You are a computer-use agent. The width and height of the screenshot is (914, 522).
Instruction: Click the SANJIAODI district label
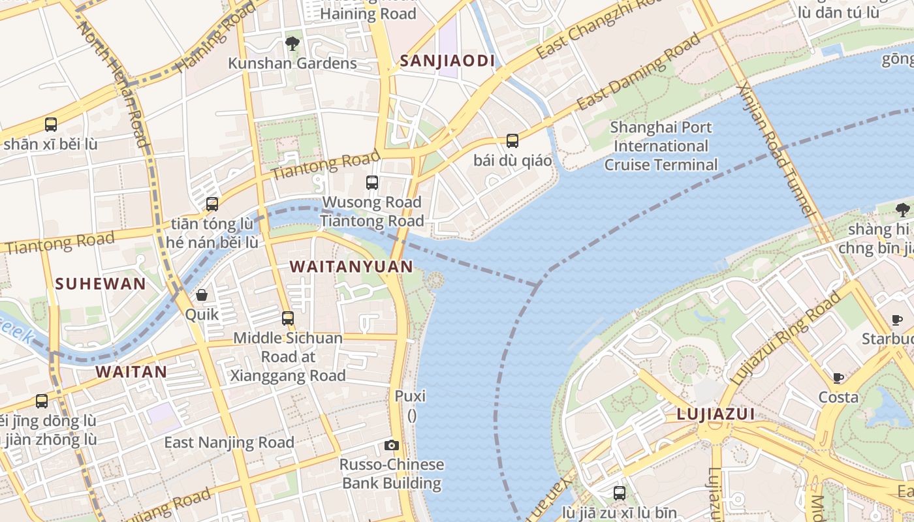(x=447, y=61)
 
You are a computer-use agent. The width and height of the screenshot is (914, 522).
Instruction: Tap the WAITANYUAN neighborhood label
(x=351, y=266)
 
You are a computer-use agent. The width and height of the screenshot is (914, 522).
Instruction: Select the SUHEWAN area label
(x=100, y=284)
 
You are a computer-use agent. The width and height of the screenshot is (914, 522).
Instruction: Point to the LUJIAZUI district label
(x=716, y=414)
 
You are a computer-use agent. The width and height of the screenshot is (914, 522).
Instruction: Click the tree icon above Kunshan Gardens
(x=292, y=44)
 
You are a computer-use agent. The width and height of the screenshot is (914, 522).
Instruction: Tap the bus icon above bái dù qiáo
(x=512, y=140)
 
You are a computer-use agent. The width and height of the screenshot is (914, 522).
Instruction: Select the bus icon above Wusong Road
(x=372, y=183)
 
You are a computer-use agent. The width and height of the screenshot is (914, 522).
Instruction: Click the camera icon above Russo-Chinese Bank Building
(x=392, y=446)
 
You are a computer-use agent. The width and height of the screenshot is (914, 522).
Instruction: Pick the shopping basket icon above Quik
(x=202, y=295)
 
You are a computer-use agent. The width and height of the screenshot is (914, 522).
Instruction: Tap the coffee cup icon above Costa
(x=838, y=378)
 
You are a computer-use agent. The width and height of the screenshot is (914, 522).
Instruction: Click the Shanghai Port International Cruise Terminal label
(x=661, y=146)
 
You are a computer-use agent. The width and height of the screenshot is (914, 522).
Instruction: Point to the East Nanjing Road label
(x=229, y=442)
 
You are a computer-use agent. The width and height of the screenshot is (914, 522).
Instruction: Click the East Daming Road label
(x=638, y=72)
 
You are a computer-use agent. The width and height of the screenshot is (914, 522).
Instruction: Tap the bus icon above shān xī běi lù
(x=50, y=124)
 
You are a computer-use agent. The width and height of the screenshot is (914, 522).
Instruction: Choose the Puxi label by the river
(x=410, y=396)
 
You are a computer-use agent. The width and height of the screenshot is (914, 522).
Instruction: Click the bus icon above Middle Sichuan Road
(x=288, y=318)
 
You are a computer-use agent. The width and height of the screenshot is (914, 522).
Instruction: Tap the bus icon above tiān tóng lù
(x=212, y=204)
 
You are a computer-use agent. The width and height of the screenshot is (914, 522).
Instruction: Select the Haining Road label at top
(x=368, y=14)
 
